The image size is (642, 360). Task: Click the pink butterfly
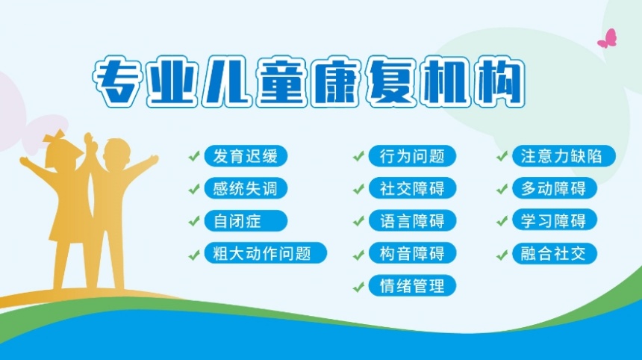click(x=608, y=39)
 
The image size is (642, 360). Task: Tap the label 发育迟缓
click(x=245, y=156)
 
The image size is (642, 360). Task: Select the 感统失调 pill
click(x=245, y=188)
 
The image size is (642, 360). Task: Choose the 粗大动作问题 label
click(x=266, y=252)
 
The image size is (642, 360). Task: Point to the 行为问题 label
click(x=412, y=156)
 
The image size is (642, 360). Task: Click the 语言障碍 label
click(x=412, y=220)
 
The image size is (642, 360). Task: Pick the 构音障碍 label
click(x=412, y=252)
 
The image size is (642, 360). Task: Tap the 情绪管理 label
click(x=412, y=285)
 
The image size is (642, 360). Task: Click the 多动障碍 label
click(x=554, y=188)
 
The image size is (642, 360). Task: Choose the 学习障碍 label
click(x=554, y=220)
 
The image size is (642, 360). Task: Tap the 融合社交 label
click(x=554, y=252)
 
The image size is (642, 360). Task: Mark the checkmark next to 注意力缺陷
click(x=502, y=157)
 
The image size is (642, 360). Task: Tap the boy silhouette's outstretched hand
click(x=154, y=158)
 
